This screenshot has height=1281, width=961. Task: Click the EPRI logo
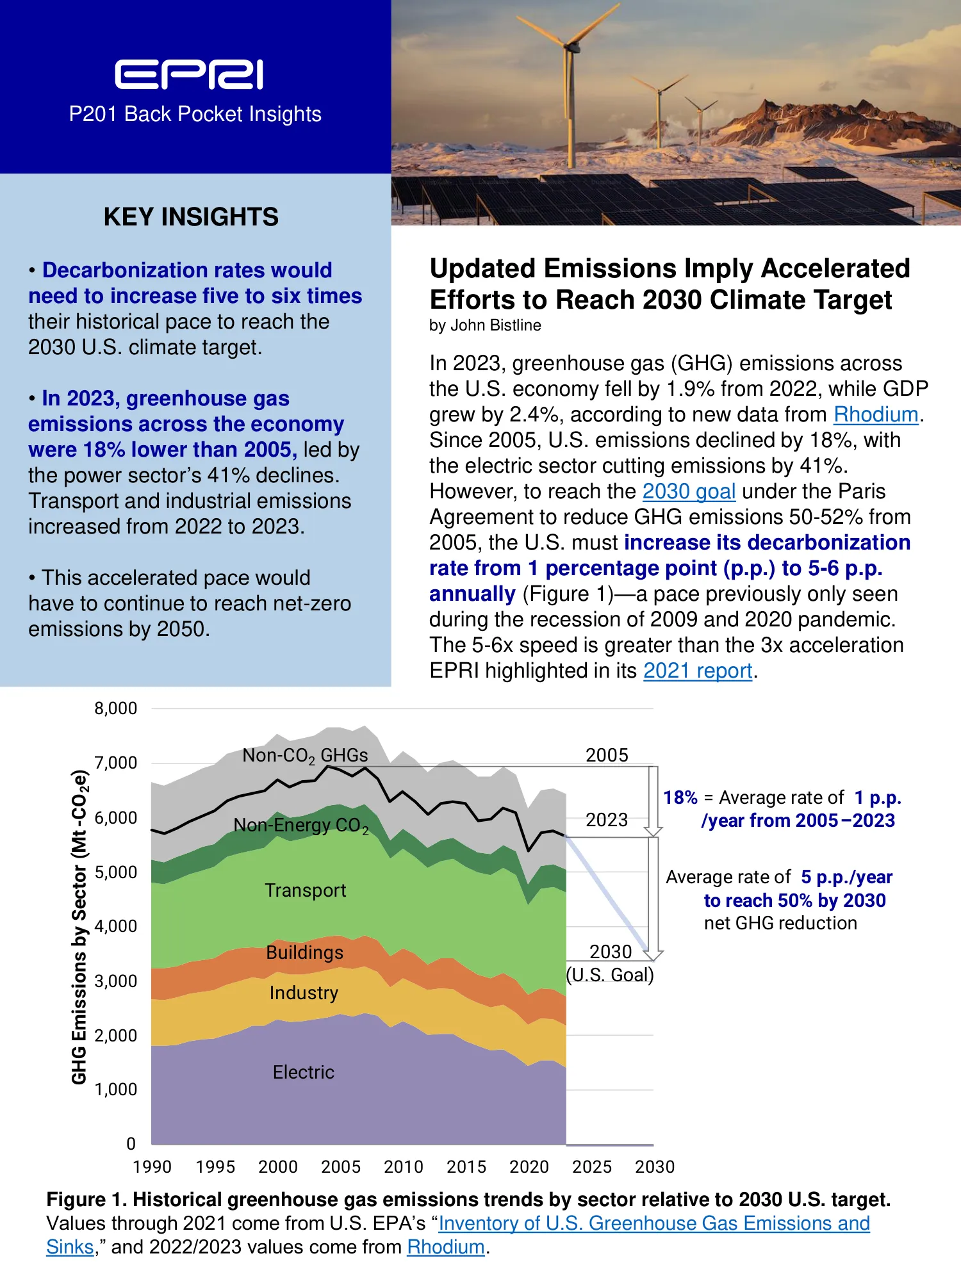[189, 74]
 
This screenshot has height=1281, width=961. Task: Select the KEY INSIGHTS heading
[191, 217]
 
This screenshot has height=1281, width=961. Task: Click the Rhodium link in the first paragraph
[876, 414]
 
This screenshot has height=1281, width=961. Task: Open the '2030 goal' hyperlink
[689, 491]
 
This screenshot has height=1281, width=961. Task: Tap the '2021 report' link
[698, 671]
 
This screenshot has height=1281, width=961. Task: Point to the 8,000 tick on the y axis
[116, 708]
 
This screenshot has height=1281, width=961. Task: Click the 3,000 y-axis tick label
[116, 981]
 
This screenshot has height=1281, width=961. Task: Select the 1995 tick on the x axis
[215, 1167]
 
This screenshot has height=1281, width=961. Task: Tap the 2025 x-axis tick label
[592, 1167]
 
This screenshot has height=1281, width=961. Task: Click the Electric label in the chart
[304, 1072]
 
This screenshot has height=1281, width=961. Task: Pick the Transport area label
[306, 890]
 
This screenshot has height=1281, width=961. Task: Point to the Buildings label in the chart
[305, 952]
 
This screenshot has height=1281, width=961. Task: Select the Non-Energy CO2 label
[301, 826]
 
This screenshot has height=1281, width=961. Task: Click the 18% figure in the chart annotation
[680, 797]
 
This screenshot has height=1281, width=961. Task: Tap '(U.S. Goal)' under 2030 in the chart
[610, 975]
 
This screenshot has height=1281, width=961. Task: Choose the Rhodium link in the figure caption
[446, 1247]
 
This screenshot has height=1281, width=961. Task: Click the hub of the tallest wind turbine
[566, 48]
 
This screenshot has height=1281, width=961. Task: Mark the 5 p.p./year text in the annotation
[847, 877]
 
